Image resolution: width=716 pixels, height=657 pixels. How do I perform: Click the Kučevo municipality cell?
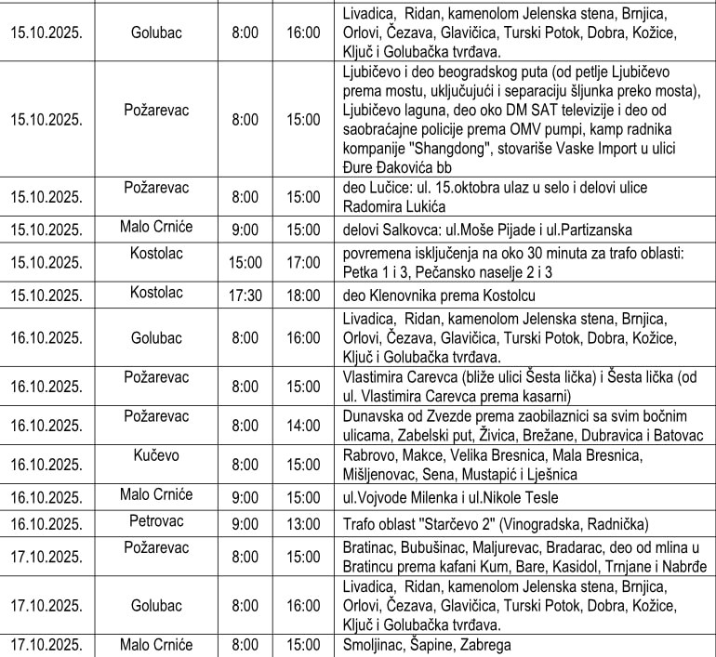[155, 455]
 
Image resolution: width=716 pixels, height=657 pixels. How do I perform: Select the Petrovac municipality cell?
[155, 522]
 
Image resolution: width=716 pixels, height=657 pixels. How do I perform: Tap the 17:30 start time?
[245, 296]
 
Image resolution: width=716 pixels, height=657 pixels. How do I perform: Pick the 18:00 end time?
[303, 296]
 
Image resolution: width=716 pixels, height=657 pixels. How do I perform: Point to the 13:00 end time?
[303, 524]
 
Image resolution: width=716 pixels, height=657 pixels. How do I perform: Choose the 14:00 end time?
[303, 425]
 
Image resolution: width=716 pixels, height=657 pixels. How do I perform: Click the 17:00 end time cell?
[303, 262]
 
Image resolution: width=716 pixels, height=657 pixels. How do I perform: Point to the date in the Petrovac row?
[46, 524]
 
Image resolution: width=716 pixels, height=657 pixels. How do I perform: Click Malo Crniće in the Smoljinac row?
[155, 644]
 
